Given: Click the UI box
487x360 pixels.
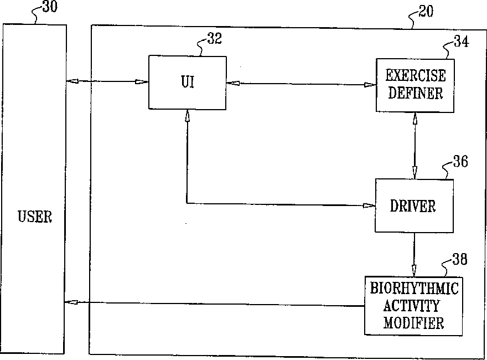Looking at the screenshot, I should [188, 82].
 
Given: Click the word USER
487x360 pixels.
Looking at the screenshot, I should [35, 217].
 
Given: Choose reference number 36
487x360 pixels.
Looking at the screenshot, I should [460, 162].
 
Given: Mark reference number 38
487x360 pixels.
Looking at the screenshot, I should [459, 259].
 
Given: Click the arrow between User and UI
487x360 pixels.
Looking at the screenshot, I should [107, 82].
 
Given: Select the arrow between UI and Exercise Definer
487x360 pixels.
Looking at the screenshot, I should [301, 84].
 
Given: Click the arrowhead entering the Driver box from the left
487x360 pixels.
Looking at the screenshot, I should [370, 205].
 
